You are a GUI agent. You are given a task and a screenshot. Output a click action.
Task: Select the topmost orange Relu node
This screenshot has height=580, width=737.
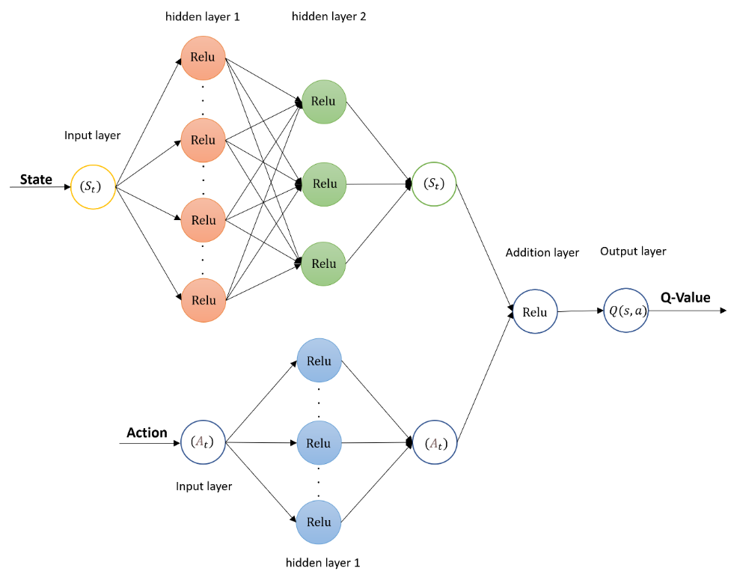(x=203, y=58)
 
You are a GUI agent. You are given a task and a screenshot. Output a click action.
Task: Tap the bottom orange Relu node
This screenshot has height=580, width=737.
(x=203, y=300)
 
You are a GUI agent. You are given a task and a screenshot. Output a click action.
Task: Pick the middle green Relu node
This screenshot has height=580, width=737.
(x=324, y=183)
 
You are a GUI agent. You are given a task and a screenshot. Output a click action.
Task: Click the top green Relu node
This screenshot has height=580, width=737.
(x=323, y=101)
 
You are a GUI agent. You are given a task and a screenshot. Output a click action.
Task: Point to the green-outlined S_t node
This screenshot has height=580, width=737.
(x=434, y=183)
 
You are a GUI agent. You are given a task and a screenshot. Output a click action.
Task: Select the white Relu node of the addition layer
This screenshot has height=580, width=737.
(x=535, y=312)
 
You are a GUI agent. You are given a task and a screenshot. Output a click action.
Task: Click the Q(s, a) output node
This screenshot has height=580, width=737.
(x=626, y=312)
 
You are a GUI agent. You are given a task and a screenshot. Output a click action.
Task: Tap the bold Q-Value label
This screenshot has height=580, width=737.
(x=685, y=297)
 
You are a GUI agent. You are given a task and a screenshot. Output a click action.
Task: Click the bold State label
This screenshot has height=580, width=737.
(x=36, y=180)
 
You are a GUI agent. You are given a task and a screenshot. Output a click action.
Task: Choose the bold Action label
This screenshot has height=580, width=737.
(x=147, y=433)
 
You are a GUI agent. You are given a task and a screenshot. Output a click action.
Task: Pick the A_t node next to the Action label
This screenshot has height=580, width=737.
(x=203, y=442)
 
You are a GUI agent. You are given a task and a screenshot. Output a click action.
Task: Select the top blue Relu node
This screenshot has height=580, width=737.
(x=319, y=361)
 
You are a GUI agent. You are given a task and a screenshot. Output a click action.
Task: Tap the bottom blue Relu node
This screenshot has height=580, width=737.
(x=319, y=522)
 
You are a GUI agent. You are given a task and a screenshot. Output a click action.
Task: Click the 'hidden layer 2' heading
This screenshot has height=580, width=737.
(x=328, y=16)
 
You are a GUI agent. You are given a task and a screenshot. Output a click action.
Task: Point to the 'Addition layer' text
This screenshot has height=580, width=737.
(x=542, y=253)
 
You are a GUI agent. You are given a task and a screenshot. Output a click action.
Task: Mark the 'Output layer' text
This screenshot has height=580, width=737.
(x=633, y=251)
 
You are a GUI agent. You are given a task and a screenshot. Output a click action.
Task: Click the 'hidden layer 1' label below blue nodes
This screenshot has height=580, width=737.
(x=324, y=562)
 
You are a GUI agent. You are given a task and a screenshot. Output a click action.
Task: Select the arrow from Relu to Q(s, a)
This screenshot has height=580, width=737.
(x=581, y=311)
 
